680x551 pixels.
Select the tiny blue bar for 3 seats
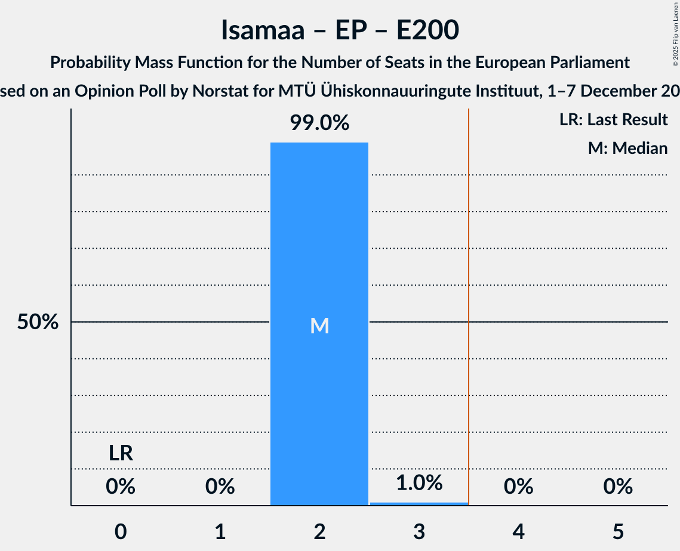click(x=419, y=504)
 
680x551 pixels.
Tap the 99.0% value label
click(x=319, y=123)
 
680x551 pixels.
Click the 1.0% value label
click(x=419, y=483)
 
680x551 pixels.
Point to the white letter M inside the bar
click(x=319, y=326)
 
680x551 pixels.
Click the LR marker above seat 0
click(x=121, y=454)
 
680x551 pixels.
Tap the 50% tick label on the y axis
click(x=38, y=323)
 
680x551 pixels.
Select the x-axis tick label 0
click(x=121, y=531)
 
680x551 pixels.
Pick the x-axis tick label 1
click(x=220, y=531)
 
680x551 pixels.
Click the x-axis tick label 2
click(x=319, y=531)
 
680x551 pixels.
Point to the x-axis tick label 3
click(x=419, y=531)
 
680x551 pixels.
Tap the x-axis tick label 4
click(x=518, y=531)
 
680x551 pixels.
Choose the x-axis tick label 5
click(x=618, y=531)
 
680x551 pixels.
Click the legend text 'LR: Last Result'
click(x=613, y=120)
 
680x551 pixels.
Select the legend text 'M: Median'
click(x=627, y=148)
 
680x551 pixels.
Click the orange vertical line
click(x=469, y=298)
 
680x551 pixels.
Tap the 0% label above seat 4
click(x=518, y=487)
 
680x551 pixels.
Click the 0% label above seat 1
click(x=220, y=487)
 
